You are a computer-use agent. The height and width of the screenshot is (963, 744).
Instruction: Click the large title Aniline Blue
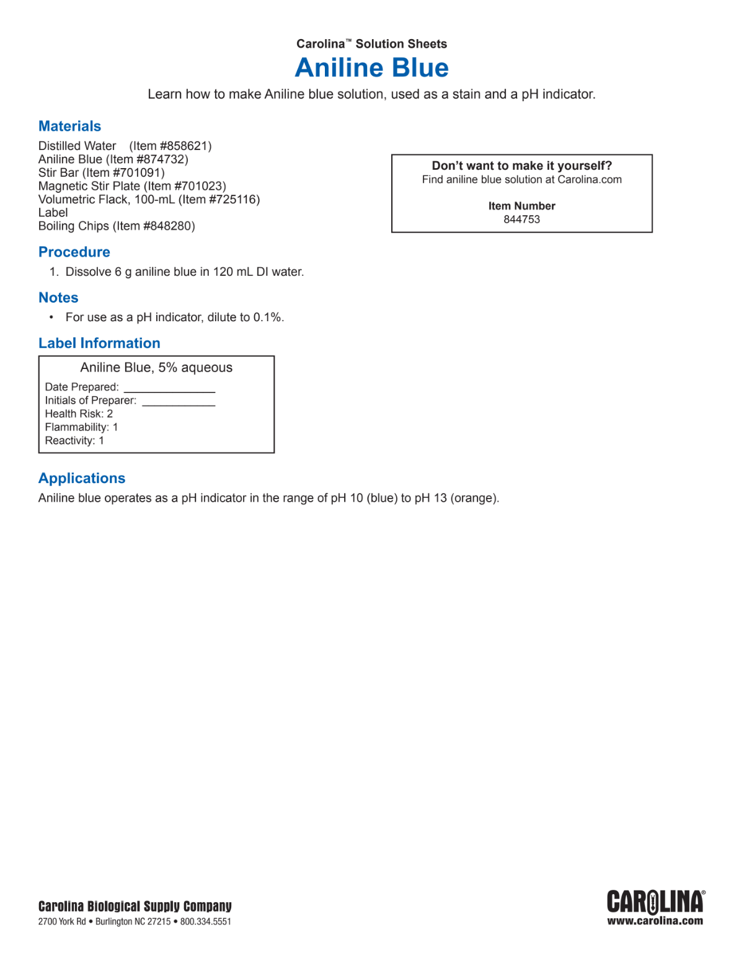371,68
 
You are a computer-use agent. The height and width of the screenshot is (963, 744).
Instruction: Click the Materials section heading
69,126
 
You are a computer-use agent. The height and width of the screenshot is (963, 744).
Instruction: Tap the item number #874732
162,159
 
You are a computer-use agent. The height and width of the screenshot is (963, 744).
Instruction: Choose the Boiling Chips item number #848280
169,226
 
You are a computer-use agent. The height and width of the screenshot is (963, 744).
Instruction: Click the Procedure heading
74,252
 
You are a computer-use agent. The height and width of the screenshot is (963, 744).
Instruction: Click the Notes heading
58,298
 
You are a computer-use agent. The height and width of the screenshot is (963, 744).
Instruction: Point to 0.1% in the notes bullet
267,317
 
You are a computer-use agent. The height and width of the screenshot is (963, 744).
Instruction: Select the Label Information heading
99,343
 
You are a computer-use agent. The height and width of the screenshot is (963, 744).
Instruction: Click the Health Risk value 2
110,414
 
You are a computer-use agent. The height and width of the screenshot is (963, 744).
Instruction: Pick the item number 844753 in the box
521,220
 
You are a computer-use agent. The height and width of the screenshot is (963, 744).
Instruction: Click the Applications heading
82,478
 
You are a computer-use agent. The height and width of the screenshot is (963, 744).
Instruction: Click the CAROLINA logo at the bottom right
655,902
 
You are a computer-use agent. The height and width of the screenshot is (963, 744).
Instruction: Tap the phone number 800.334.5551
206,921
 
